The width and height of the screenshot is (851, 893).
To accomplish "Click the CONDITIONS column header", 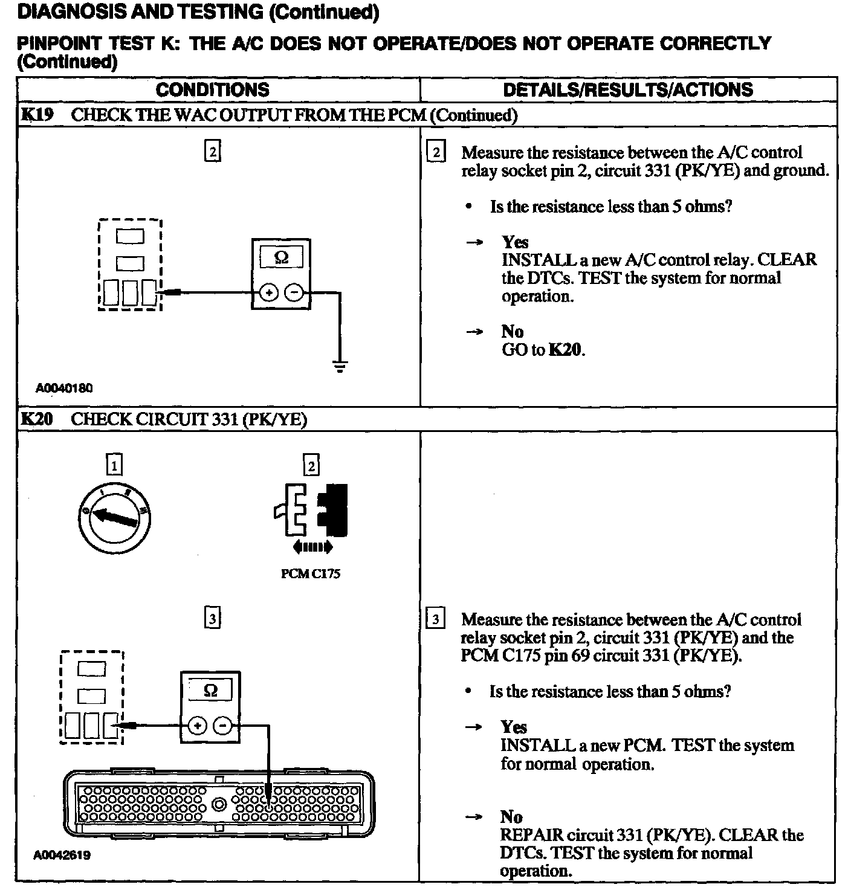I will click(x=212, y=90).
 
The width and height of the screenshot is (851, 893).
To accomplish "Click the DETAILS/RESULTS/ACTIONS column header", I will click(x=628, y=90).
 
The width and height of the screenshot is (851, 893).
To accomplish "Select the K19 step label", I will click(x=37, y=115).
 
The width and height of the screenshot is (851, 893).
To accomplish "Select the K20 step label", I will click(x=37, y=419).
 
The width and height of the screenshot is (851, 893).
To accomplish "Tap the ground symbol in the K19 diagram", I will click(x=340, y=366).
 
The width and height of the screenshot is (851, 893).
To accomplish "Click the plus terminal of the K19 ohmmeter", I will click(x=269, y=294).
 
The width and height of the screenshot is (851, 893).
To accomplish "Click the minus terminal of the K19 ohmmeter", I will click(x=294, y=294).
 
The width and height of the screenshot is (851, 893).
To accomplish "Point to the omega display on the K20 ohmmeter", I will click(x=210, y=690).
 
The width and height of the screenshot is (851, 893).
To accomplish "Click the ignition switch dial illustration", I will click(x=115, y=518).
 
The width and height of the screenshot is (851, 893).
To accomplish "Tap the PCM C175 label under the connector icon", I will click(x=311, y=573).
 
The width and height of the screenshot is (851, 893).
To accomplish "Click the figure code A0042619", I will click(x=63, y=855).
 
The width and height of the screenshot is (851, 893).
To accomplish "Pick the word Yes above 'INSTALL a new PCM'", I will click(x=514, y=727).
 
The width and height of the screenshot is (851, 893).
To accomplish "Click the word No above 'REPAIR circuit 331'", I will click(x=511, y=817).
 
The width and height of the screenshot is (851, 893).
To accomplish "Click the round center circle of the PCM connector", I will click(x=219, y=804).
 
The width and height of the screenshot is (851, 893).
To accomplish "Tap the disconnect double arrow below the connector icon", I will click(x=312, y=548).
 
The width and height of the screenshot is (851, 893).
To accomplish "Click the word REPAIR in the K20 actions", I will click(x=532, y=835).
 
